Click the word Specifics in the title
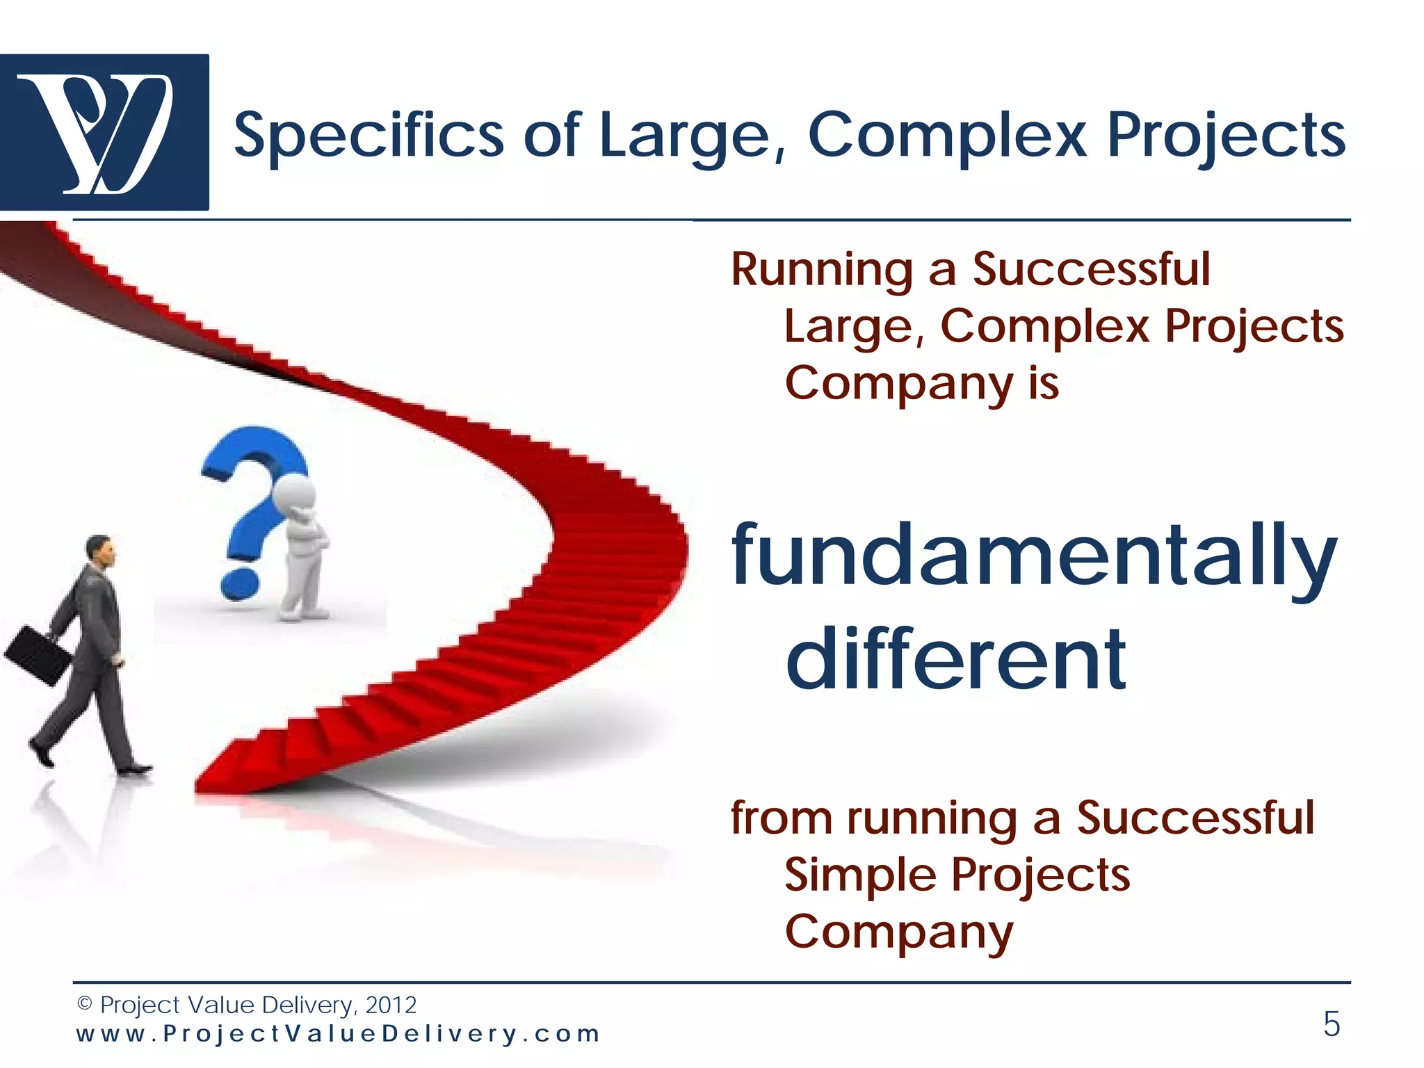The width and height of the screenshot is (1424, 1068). point(369,136)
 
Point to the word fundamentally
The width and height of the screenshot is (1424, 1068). point(1034,556)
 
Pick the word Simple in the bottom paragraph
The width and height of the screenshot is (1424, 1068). point(859,875)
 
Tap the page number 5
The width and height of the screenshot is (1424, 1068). point(1331,1024)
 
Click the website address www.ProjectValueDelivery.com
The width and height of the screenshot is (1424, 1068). point(338,1034)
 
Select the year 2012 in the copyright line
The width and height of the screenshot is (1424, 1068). point(391,1005)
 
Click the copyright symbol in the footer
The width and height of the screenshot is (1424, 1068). point(85,1004)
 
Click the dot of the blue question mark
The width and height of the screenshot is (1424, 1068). point(240,584)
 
